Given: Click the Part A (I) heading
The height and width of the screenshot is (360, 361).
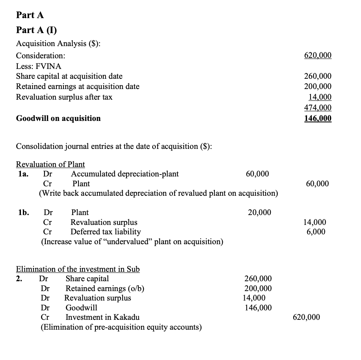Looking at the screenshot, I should [x=35, y=30].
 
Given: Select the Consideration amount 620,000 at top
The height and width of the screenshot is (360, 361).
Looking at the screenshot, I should [x=318, y=55].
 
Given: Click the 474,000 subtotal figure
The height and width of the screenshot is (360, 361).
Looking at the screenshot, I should [x=318, y=108].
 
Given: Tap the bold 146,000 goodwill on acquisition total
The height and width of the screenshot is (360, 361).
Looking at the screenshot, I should [x=318, y=119].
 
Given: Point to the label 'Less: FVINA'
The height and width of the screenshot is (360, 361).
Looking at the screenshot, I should [x=39, y=66].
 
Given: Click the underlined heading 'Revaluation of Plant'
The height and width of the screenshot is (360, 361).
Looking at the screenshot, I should [x=50, y=165].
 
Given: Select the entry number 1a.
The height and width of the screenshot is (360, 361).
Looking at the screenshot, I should [x=23, y=174].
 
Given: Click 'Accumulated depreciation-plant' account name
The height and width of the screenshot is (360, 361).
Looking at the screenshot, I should [x=125, y=174].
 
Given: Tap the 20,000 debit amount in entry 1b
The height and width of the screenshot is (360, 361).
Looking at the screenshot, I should [x=259, y=213].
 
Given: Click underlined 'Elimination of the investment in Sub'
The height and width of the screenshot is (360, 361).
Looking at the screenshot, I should [x=78, y=269].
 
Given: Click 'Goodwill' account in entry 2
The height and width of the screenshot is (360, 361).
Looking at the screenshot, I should [x=81, y=308].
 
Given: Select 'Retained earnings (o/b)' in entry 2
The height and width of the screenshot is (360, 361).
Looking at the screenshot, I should [x=104, y=288].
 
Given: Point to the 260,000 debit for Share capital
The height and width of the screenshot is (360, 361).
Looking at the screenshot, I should [x=258, y=279].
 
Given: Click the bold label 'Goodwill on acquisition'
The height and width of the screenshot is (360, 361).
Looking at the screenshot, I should [x=58, y=119].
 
